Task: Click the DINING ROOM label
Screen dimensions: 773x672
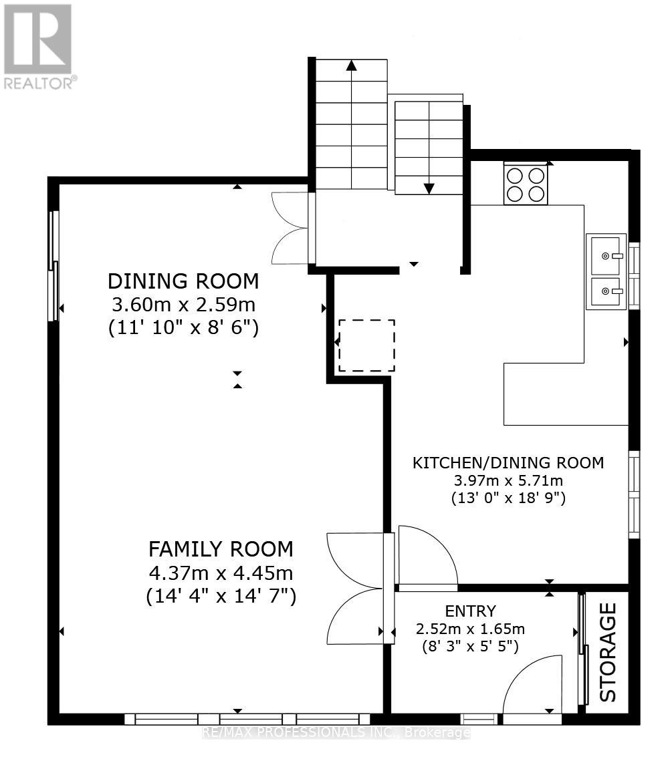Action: (x=183, y=281)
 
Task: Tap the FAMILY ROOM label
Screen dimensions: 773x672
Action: (x=221, y=549)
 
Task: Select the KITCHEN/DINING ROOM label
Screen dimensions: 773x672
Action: (x=508, y=462)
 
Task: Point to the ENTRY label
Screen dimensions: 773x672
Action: (x=471, y=611)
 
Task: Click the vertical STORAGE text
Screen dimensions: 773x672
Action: (x=608, y=652)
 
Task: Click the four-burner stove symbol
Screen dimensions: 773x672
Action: (x=526, y=184)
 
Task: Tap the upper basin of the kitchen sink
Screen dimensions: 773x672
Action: (x=606, y=255)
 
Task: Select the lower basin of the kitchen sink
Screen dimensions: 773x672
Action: (x=606, y=291)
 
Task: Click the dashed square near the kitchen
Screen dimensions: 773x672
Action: (x=366, y=345)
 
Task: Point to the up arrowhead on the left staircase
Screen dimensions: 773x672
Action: (x=351, y=65)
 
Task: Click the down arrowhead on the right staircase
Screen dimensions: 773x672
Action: (x=429, y=188)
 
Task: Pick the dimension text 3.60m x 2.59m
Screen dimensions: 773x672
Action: (x=183, y=305)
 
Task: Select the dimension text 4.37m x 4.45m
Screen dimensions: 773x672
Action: (x=221, y=573)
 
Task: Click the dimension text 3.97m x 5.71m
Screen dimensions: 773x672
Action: (x=508, y=480)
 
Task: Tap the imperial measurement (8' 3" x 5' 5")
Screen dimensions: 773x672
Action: (x=471, y=646)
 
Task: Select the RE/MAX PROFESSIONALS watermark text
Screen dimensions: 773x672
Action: (x=336, y=733)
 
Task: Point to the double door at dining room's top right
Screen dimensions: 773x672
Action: (x=291, y=228)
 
